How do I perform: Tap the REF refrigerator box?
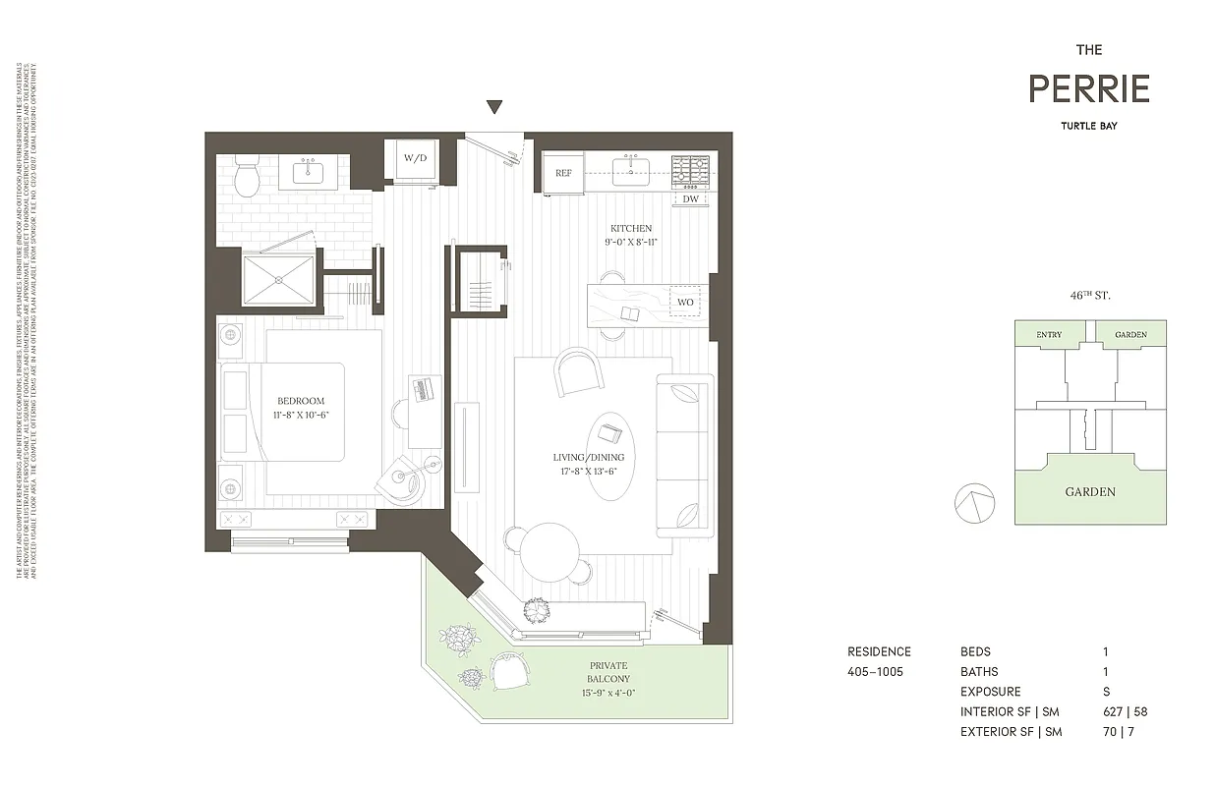pos(563,173)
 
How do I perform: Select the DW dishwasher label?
pos(690,199)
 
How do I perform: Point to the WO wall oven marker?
pos(685,302)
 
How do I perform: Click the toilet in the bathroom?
pos(247,175)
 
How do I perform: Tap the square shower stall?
pos(279,280)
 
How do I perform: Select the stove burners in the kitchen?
pos(691,170)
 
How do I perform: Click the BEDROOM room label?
pos(300,401)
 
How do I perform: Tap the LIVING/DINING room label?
pos(588,457)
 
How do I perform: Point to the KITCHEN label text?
pos(630,228)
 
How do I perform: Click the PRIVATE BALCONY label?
pos(609,671)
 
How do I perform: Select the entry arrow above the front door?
pos(495,108)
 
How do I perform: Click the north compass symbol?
pos(974,503)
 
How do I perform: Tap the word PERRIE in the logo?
pos(1089,89)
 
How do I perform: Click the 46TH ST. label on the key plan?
pos(1090,295)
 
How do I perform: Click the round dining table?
pos(549,551)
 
